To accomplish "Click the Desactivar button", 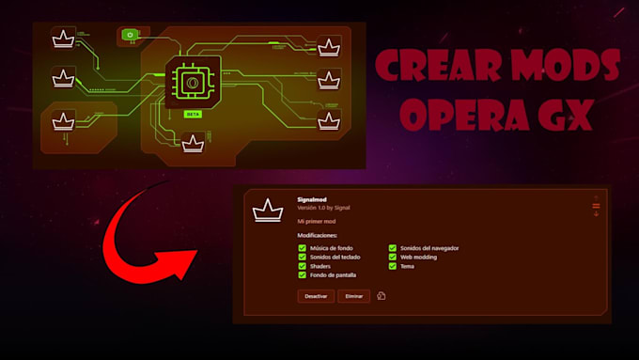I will (x=316, y=296).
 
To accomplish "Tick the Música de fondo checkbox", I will (x=303, y=248).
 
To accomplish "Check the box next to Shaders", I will (x=303, y=266).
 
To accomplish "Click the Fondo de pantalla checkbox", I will (x=303, y=274).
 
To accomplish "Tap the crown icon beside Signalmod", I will (x=268, y=211).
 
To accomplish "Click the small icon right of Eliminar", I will (x=382, y=296).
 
